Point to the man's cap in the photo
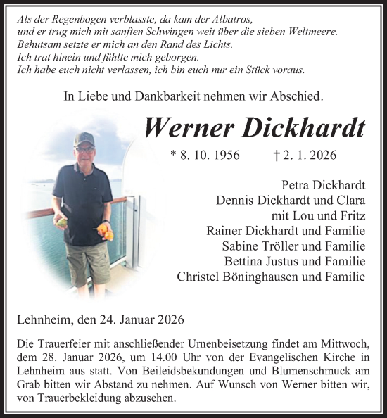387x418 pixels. pyautogui.click(x=84, y=138)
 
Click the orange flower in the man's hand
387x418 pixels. pyautogui.click(x=106, y=231)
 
